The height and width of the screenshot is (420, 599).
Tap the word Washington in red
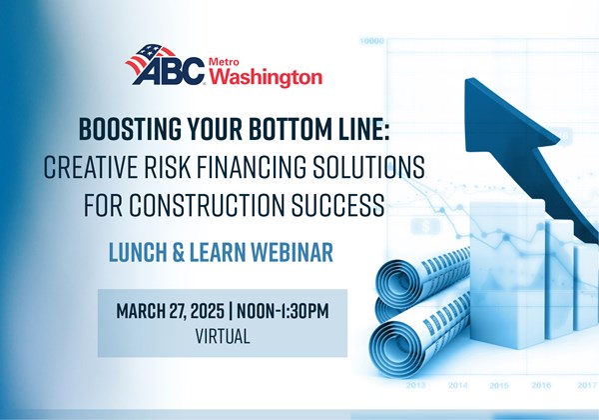tap(266, 77)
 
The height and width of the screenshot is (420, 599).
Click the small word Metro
tap(224, 62)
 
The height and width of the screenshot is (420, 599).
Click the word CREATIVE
tap(90, 167)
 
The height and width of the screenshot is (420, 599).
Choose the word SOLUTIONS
tap(369, 167)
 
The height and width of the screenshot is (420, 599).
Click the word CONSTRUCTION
tap(207, 205)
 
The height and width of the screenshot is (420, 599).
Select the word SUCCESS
tap(338, 205)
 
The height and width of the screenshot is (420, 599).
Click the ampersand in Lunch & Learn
tap(178, 252)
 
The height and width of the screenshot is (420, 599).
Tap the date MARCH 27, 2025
tap(170, 311)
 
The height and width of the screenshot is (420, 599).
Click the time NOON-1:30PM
tap(283, 311)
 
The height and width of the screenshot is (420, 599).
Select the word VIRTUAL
tap(223, 336)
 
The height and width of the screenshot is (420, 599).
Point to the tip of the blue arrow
tap(466, 79)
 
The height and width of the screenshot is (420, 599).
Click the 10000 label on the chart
tap(371, 40)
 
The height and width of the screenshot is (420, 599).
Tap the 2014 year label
tap(458, 385)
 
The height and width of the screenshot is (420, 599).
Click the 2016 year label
tap(541, 385)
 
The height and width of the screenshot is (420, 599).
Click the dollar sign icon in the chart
tap(426, 227)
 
